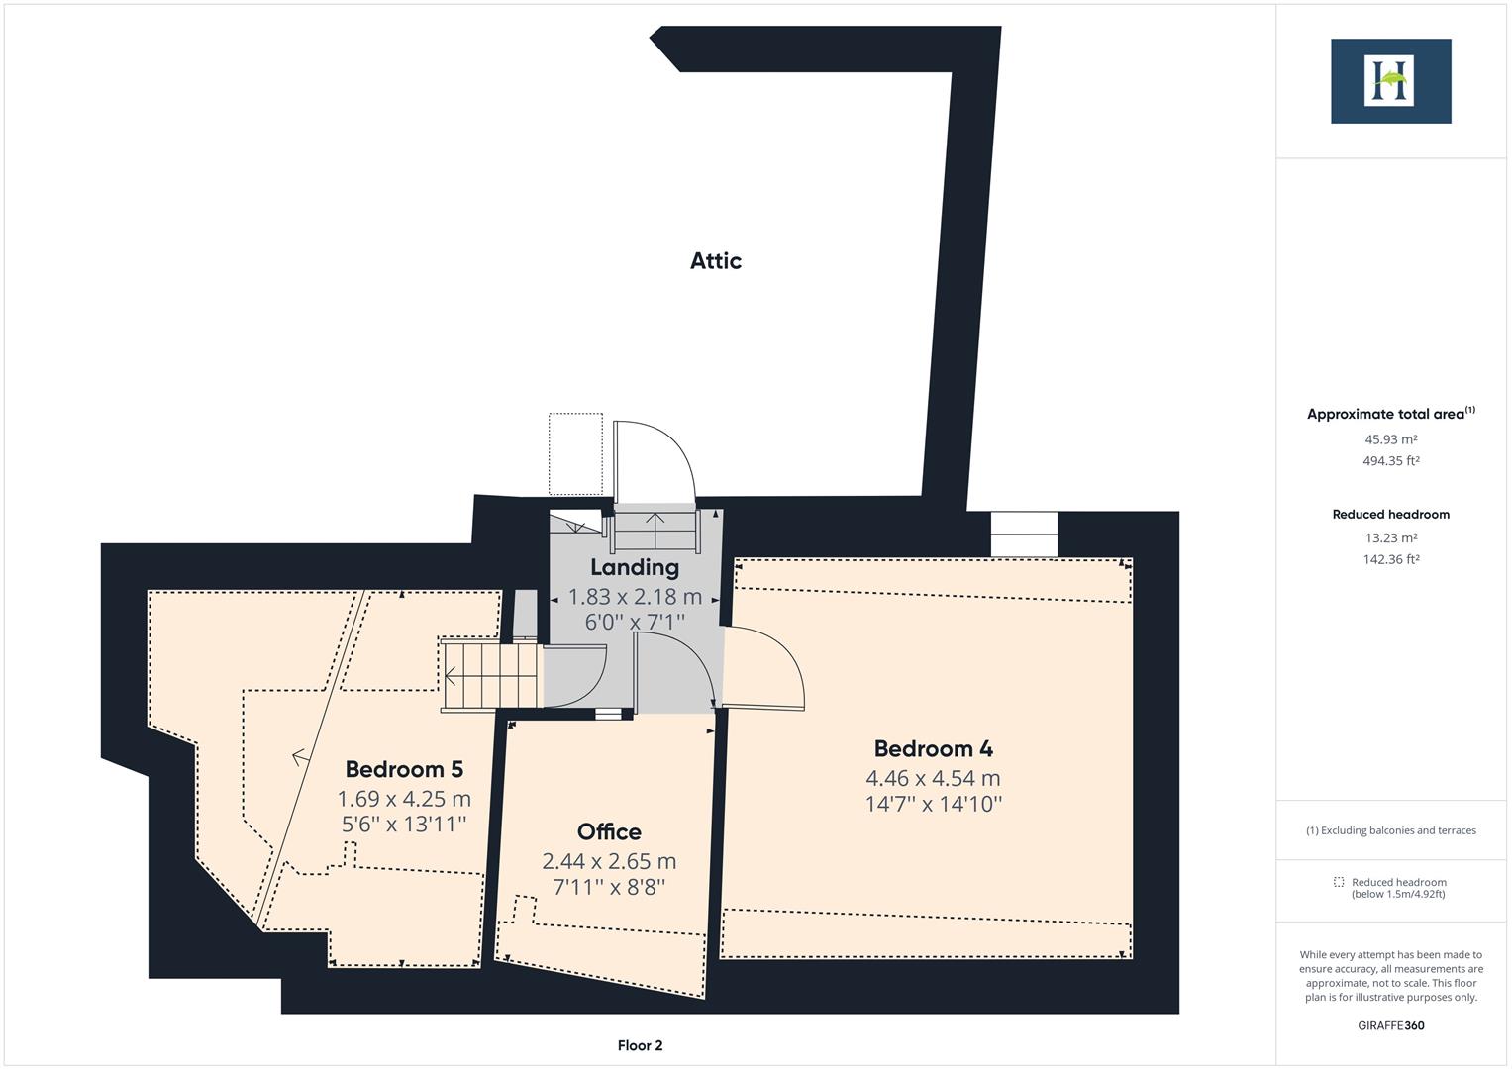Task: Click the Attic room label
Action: point(715,260)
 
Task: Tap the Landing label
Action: point(635,567)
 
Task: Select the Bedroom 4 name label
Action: point(933,749)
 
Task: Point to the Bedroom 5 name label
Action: point(404,769)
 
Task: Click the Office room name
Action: point(609,831)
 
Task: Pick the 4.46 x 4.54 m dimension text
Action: point(933,778)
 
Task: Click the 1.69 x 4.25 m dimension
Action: point(404,798)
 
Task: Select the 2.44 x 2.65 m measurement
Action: point(609,861)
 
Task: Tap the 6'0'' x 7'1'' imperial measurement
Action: point(635,622)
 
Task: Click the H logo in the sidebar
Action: point(1390,81)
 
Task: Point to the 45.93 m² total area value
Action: point(1390,439)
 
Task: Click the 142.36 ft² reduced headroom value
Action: point(1390,559)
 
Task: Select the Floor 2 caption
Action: point(640,1045)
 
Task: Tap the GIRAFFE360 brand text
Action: point(1390,1025)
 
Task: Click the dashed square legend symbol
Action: point(1339,882)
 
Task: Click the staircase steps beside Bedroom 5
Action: point(490,676)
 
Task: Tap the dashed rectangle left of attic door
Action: point(575,453)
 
